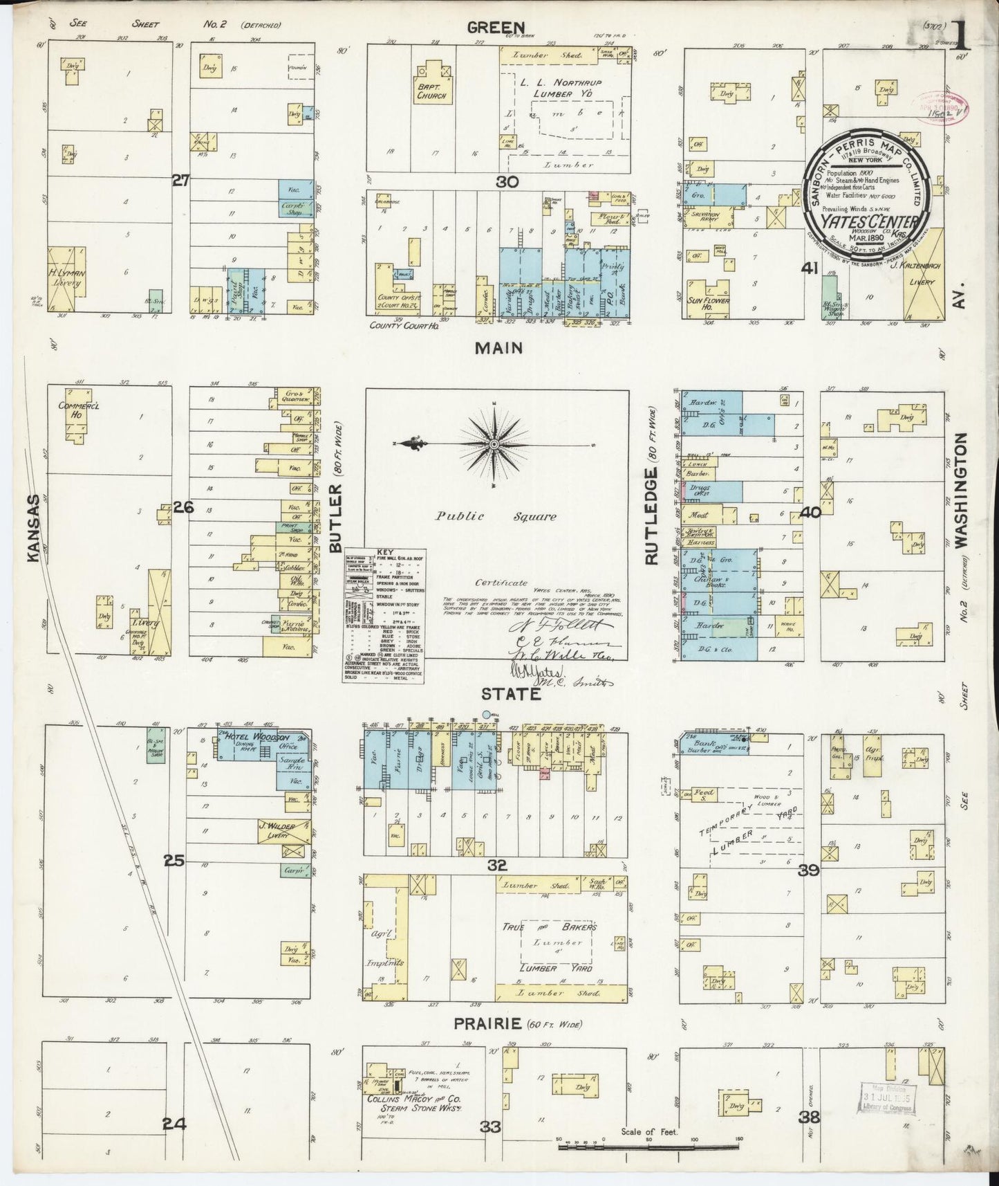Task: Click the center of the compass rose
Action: pos(496,443)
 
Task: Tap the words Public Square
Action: pos(494,516)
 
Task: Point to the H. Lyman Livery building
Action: pos(67,277)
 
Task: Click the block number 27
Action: pos(181,181)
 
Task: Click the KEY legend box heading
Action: pos(384,551)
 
